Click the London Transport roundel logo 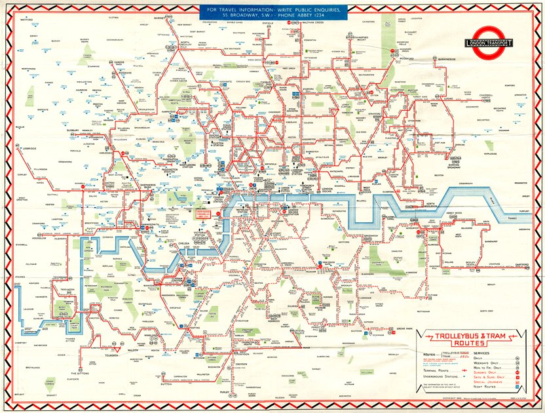(489, 43)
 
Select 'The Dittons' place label (84, 374)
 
